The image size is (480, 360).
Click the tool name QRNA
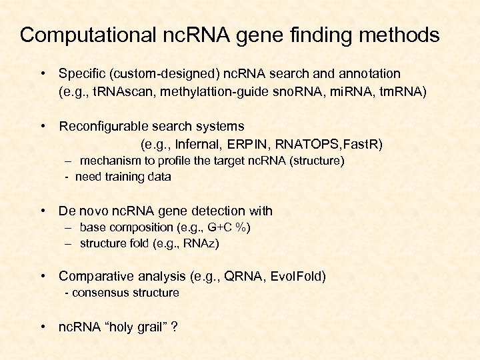pyautogui.click(x=240, y=275)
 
